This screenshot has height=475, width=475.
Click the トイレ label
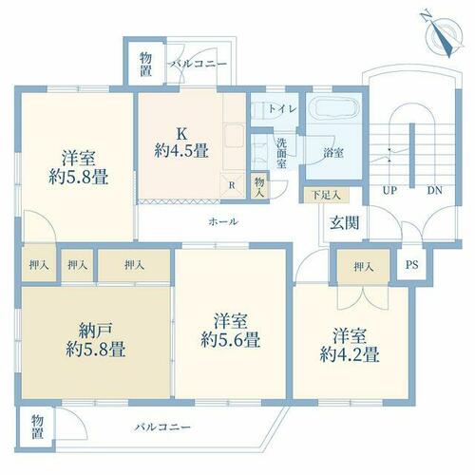pyautogui.click(x=283, y=109)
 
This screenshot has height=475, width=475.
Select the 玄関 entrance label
pyautogui.click(x=345, y=223)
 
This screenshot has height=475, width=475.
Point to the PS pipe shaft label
pyautogui.click(x=412, y=264)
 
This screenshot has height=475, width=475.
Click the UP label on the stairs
pyautogui.click(x=389, y=190)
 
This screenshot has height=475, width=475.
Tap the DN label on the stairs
pyautogui.click(x=435, y=190)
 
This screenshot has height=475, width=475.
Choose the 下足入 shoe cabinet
pyautogui.click(x=327, y=195)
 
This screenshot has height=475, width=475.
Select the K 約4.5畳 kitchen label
pyautogui.click(x=181, y=142)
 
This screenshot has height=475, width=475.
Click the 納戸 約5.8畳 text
pyautogui.click(x=96, y=340)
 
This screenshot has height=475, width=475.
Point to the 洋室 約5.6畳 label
pyautogui.click(x=231, y=331)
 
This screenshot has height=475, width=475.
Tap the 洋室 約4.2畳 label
pyautogui.click(x=350, y=345)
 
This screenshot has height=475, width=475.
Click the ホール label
pyautogui.click(x=223, y=221)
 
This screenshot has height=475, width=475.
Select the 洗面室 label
pyautogui.click(x=281, y=153)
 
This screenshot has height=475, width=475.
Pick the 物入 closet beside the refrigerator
pyautogui.click(x=259, y=187)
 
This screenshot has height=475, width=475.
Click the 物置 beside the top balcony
pyautogui.click(x=145, y=65)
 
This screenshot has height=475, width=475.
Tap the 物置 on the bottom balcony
pyautogui.click(x=37, y=427)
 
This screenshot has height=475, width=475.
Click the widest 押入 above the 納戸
pyautogui.click(x=134, y=265)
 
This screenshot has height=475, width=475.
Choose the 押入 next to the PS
pyautogui.click(x=363, y=267)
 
